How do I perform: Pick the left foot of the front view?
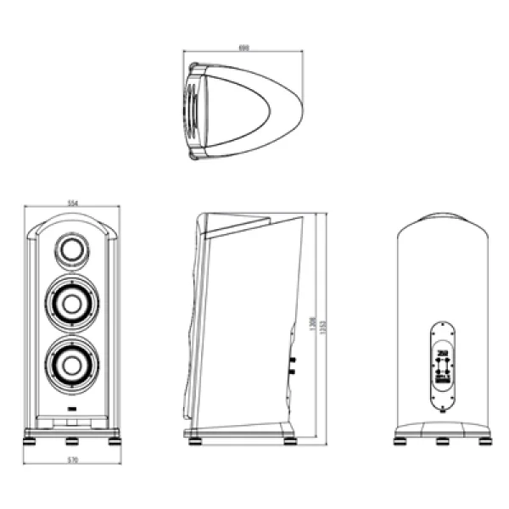pyautogui.click(x=31, y=440)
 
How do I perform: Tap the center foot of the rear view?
pyautogui.click(x=442, y=441)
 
